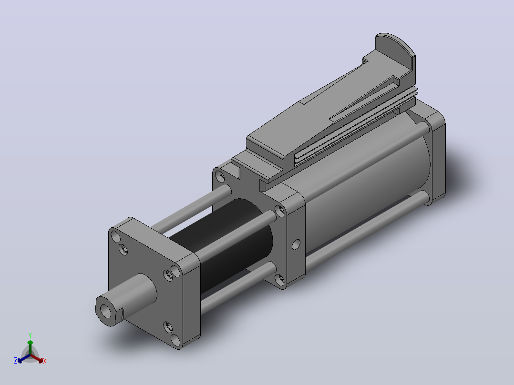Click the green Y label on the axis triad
(30, 335)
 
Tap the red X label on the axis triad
(45, 361)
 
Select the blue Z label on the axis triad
(16, 361)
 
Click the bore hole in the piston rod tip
(105, 311)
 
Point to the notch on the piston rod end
(120, 314)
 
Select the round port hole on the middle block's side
(296, 244)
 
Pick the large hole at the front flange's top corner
(116, 236)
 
